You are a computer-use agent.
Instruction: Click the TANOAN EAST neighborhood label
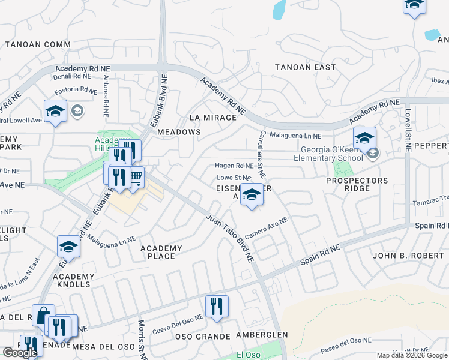coord(305,67)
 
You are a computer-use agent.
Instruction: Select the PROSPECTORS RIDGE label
coord(357,185)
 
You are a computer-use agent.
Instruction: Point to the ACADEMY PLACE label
coord(161,252)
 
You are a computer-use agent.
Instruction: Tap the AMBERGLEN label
coord(262,334)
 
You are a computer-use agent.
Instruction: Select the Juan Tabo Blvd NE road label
coord(231,238)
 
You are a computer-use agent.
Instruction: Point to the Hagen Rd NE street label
coord(234,166)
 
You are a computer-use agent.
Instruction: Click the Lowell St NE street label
coord(407,130)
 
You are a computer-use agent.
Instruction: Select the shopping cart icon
coord(136,176)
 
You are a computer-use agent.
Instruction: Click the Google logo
coord(20,353)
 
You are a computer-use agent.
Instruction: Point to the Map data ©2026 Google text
coord(412,356)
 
